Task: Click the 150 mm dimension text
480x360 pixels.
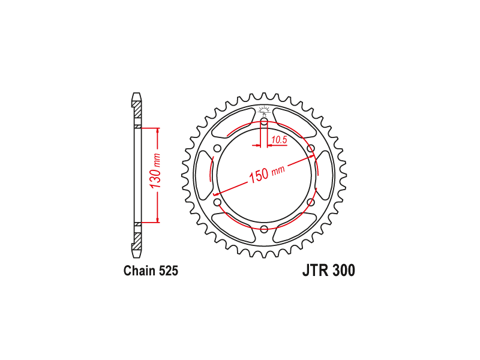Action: pos(266,174)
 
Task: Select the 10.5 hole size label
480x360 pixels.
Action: pos(279,140)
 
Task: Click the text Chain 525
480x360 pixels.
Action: pos(151,271)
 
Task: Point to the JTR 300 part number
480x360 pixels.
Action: pos(329,271)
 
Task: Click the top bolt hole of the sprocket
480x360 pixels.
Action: pos(264,122)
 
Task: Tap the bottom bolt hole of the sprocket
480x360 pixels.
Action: pos(264,229)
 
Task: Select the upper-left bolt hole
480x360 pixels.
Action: pos(218,149)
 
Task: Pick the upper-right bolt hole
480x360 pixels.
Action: pos(311,149)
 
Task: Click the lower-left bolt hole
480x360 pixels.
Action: pos(218,202)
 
